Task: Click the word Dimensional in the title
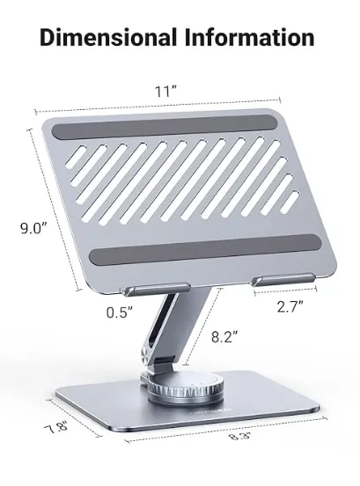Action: (x=108, y=37)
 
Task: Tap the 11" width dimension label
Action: (x=165, y=92)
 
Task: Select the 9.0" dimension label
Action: (x=33, y=228)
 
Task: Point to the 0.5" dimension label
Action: (x=120, y=313)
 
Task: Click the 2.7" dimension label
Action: (x=290, y=307)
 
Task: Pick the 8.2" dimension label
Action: (x=224, y=336)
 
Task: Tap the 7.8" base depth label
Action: (x=56, y=430)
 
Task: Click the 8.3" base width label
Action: (x=239, y=436)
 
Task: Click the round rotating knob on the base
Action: (x=186, y=388)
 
